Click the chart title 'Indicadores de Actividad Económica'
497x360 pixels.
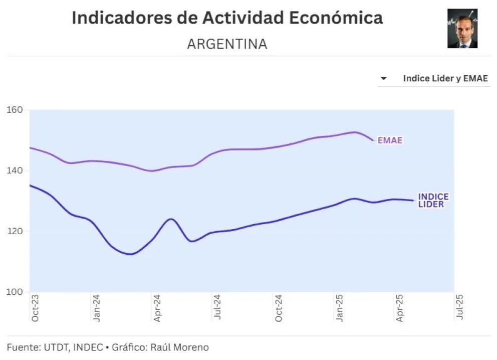tap(227, 18)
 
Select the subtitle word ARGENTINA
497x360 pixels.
tap(227, 44)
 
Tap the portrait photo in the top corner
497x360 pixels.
tap(462, 29)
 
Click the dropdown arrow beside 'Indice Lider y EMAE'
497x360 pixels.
tap(384, 79)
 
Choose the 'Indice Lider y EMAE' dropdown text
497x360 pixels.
tap(445, 79)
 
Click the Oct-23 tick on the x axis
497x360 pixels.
tap(35, 309)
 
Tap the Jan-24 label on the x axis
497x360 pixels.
tap(96, 309)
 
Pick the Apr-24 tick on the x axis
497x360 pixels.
tap(157, 309)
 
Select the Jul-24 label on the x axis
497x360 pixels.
tap(218, 309)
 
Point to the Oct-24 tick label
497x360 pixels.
tap(279, 309)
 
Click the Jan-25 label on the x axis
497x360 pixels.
tap(340, 309)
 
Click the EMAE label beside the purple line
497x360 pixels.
tap(390, 140)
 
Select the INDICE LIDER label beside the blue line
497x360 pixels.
tap(433, 201)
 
